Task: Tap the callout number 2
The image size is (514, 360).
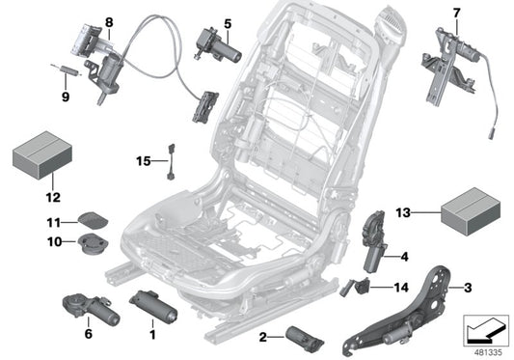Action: (x=263, y=336)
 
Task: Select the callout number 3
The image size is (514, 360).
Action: (x=468, y=286)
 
